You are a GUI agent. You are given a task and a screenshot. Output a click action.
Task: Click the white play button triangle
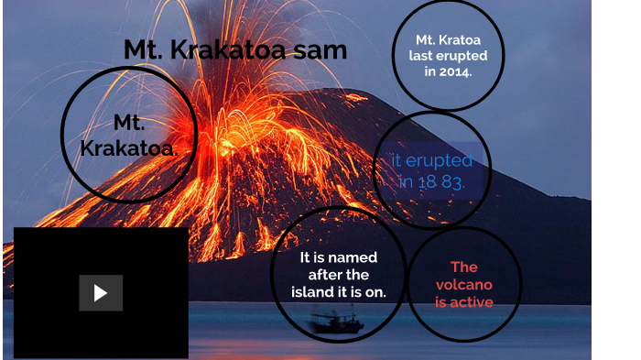[x=101, y=293]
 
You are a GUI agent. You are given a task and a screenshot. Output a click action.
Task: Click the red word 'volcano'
[x=463, y=284]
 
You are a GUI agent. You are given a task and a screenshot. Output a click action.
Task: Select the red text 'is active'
[x=463, y=302]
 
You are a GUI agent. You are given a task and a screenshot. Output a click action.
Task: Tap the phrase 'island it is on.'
[x=339, y=292]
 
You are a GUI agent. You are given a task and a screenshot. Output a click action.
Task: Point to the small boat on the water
[x=336, y=323]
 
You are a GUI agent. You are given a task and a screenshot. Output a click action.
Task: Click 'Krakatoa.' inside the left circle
[x=129, y=147]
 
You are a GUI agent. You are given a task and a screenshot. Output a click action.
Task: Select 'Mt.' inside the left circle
[x=129, y=123]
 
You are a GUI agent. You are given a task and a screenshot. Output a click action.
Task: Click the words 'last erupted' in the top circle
[x=448, y=56]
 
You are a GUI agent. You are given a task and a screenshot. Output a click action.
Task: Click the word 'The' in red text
[x=463, y=267]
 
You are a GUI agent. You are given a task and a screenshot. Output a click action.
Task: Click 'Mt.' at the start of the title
[x=143, y=49]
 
